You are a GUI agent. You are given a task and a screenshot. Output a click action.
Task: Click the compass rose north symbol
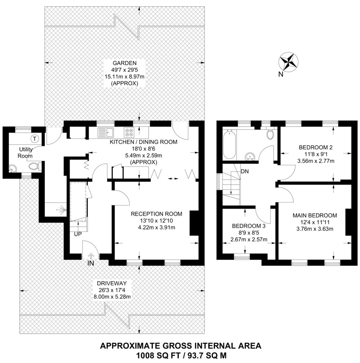click(x=288, y=61)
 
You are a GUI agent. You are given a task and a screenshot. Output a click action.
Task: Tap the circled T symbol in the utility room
click(x=35, y=139)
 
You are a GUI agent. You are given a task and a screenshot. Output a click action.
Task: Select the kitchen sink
click(x=105, y=133)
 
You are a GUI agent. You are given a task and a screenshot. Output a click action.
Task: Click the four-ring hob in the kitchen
click(x=129, y=132)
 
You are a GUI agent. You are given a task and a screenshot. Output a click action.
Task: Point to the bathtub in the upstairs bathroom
click(x=230, y=144)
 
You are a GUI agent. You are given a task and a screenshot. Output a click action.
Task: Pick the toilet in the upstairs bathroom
click(x=270, y=133)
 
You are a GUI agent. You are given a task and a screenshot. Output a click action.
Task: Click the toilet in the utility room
click(x=35, y=166)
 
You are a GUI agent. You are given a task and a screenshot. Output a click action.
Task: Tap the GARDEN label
click(x=124, y=63)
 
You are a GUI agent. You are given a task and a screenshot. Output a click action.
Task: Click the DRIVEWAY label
click(x=112, y=283)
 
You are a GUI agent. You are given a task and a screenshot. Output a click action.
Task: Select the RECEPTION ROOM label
click(x=157, y=214)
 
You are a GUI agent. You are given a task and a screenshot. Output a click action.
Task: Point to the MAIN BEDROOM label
click(x=315, y=215)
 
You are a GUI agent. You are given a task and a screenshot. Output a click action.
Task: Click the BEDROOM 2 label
click(x=315, y=147)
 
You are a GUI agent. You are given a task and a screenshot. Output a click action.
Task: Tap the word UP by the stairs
click(x=78, y=234)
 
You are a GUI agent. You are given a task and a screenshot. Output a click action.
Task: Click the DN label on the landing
click(x=245, y=171)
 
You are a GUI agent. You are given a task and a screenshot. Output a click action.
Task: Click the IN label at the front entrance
click(x=91, y=263)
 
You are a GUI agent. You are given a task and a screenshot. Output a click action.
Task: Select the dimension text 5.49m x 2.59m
click(x=143, y=155)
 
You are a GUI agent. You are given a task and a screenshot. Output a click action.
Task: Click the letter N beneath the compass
click(x=281, y=74)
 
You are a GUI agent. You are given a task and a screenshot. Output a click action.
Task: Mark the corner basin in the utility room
click(x=13, y=168)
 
